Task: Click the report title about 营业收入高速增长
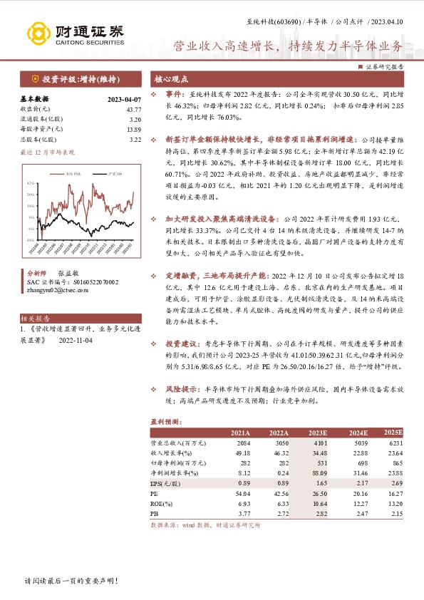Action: click(288, 47)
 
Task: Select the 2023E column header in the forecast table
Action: click(317, 433)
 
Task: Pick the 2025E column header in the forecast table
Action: click(393, 433)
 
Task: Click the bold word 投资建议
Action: click(180, 343)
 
